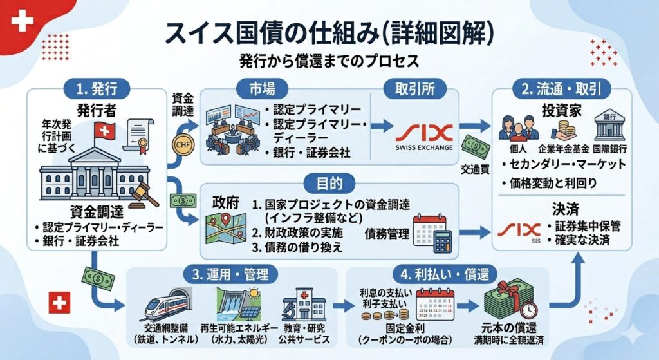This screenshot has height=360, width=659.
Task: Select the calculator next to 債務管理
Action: [x=443, y=242]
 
